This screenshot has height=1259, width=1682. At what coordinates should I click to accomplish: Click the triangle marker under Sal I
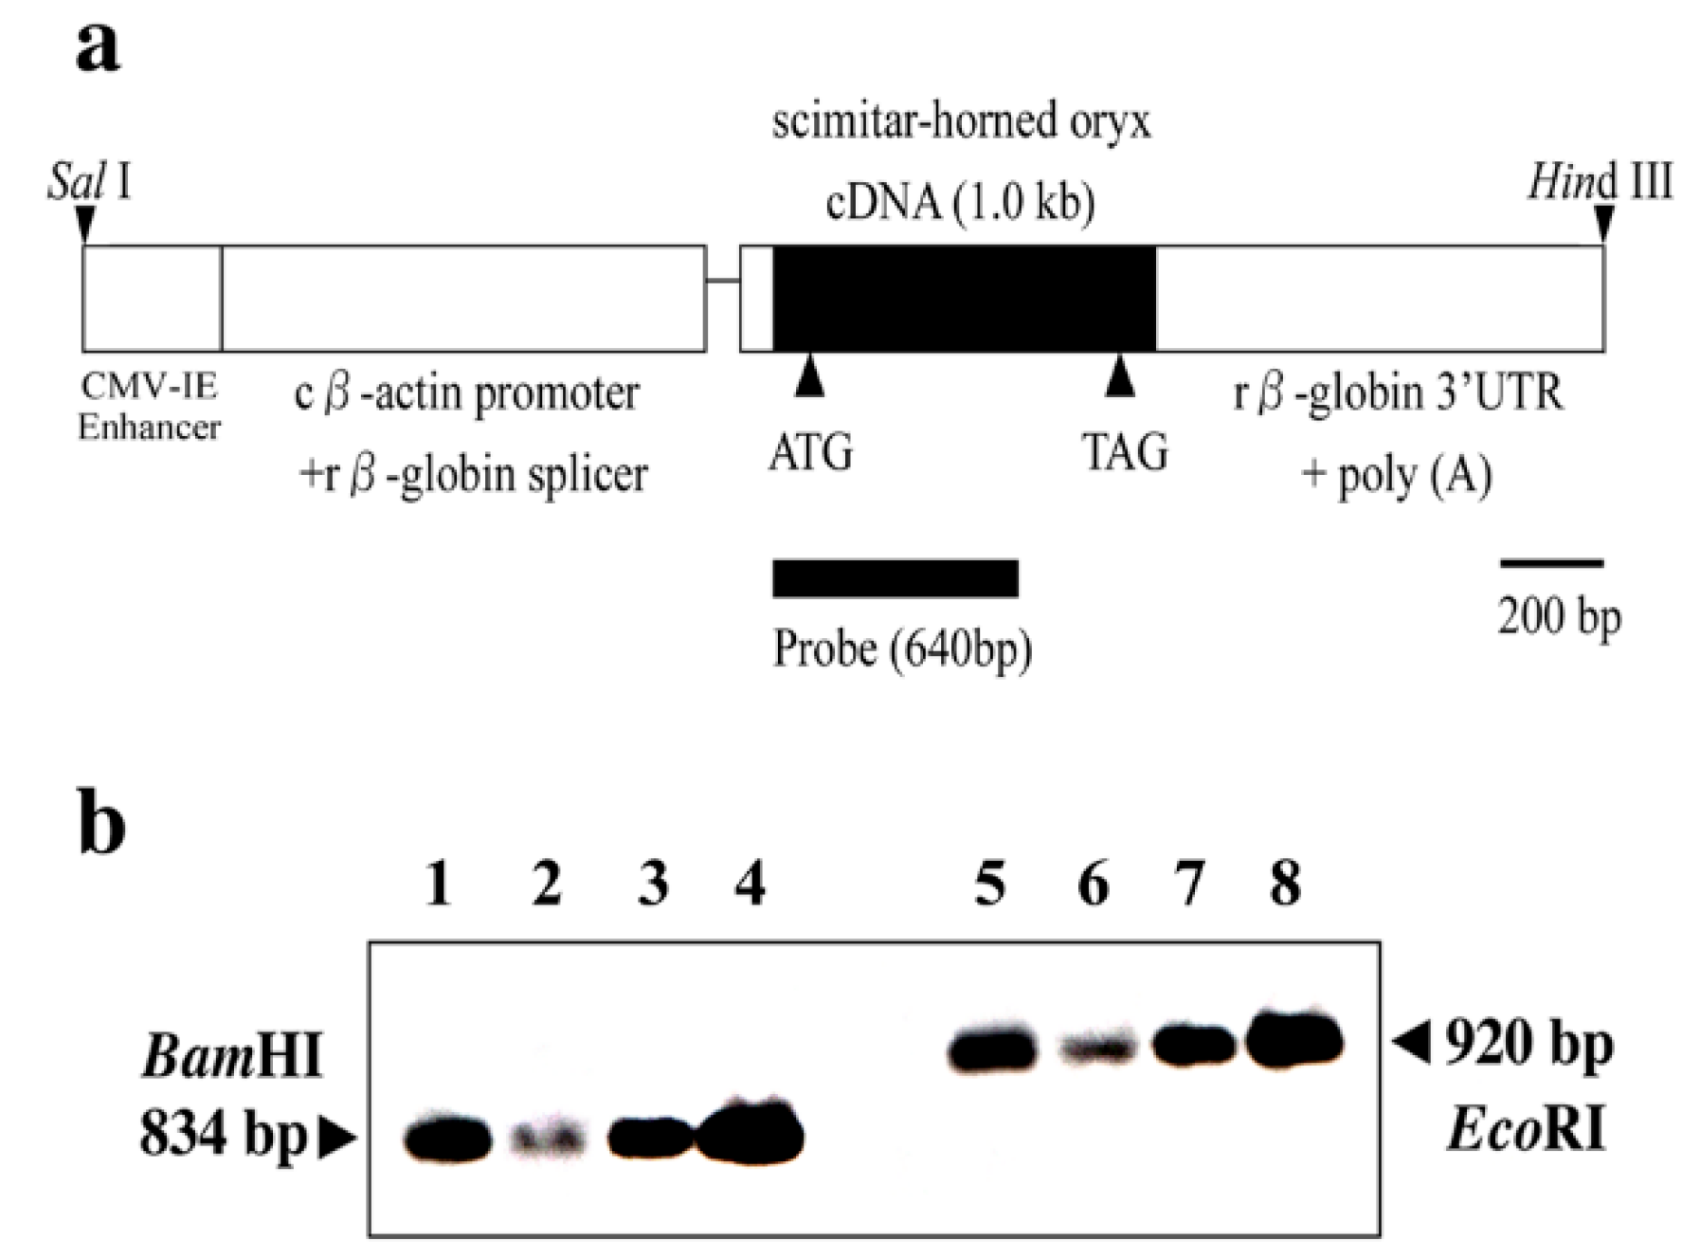(x=85, y=225)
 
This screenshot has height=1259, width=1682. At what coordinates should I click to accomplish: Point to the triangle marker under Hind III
(x=1603, y=225)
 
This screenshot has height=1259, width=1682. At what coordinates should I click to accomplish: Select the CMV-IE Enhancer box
(x=153, y=299)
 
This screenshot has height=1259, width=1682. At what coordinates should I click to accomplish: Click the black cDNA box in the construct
(x=964, y=299)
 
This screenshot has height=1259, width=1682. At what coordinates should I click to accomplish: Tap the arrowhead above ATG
(x=809, y=376)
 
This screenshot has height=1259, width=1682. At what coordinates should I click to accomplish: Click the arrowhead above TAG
(x=1120, y=376)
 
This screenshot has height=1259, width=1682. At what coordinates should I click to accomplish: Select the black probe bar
(x=895, y=578)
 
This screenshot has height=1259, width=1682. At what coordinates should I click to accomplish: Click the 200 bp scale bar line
(x=1550, y=564)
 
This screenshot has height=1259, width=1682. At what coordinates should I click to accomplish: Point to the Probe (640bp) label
(x=902, y=649)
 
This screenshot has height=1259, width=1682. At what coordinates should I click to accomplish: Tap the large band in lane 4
(x=751, y=1133)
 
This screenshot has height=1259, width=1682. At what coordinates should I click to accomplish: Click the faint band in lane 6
(x=1095, y=1049)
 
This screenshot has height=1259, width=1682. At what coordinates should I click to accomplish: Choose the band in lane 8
(x=1294, y=1040)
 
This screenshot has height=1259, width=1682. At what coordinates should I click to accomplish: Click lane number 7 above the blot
(x=1189, y=885)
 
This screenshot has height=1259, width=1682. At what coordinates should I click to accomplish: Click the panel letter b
(x=100, y=823)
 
